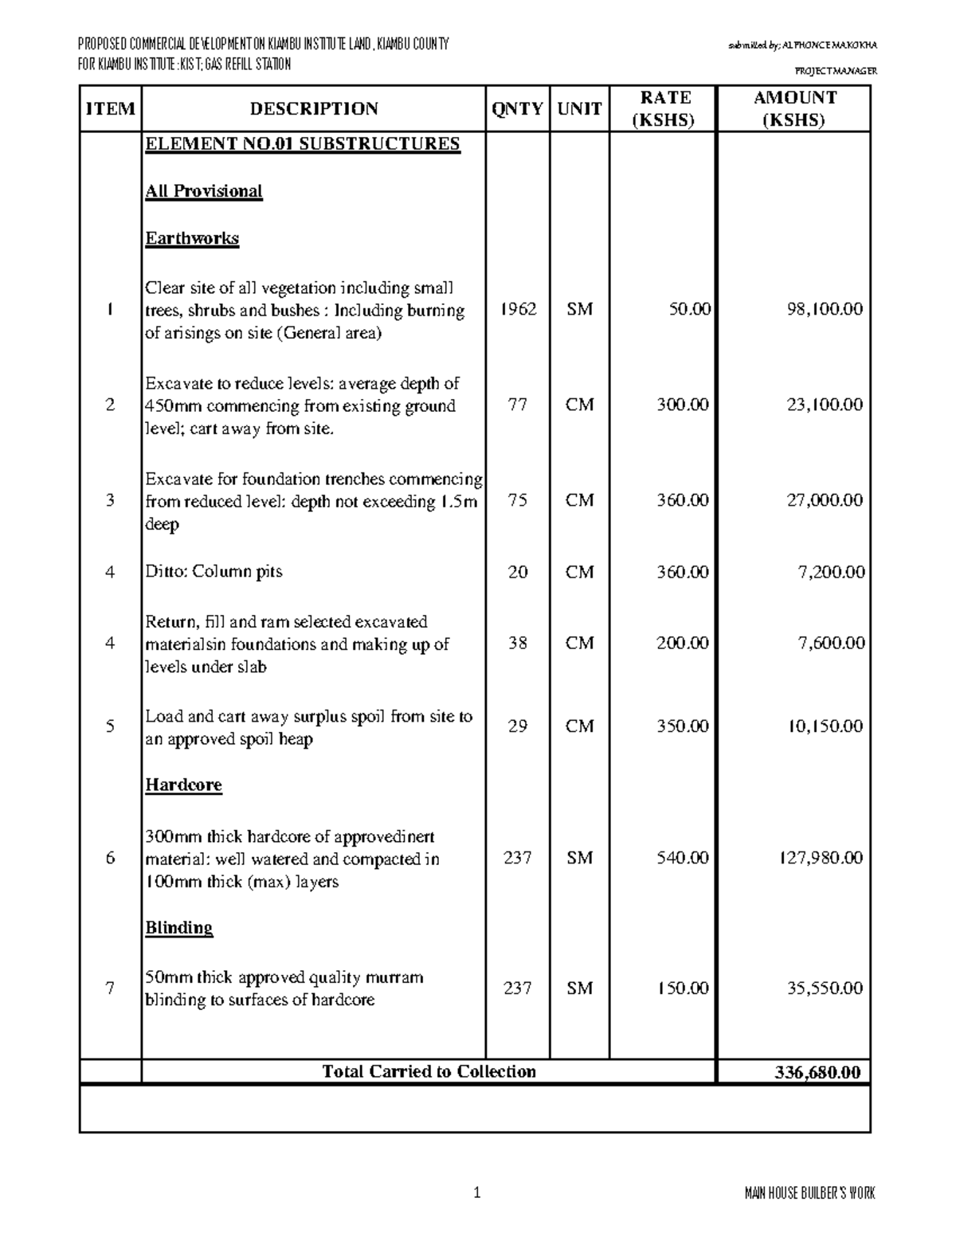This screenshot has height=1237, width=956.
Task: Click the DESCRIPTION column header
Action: coord(314,109)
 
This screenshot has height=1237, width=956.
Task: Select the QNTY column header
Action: coord(517,109)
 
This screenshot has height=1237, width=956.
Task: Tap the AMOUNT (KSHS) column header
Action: coord(794,109)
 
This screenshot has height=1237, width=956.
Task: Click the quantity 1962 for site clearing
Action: coord(518,309)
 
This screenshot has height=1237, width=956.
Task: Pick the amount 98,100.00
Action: coord(823,309)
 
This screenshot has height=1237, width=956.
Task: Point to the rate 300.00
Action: coord(682,405)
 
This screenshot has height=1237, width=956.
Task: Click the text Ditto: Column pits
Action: coord(214,572)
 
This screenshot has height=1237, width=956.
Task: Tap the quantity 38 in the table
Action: coord(518,643)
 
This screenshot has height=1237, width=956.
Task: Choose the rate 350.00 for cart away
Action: coord(682,726)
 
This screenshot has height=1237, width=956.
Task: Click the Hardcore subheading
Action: coord(183,785)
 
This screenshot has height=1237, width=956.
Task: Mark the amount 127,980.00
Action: coord(821,858)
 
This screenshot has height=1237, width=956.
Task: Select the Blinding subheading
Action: coord(178,928)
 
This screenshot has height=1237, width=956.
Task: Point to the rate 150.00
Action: coord(682,988)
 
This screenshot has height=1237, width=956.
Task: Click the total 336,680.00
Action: coord(817,1072)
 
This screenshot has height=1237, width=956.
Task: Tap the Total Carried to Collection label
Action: coord(429,1072)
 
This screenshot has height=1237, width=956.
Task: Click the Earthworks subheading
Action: coord(192,239)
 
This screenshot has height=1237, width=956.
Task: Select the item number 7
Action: coord(110,988)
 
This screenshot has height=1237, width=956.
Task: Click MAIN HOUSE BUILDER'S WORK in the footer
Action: coord(809,1193)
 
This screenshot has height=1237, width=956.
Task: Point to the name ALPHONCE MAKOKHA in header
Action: coord(831,45)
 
